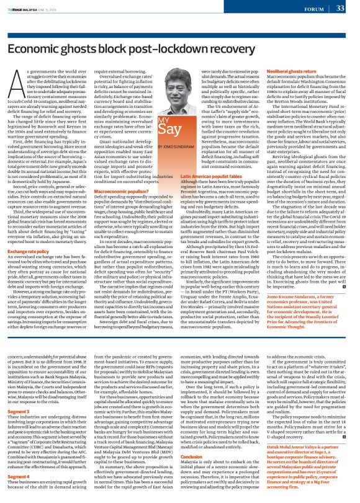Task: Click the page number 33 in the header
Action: pyautogui.click(x=340, y=8)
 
